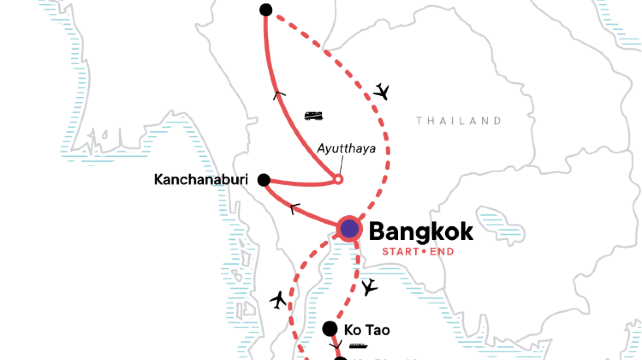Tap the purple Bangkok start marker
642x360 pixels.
349,229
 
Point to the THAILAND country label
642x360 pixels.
459,121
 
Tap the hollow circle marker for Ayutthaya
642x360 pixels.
337,180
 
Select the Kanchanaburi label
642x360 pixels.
202,181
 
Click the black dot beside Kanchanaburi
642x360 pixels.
264,181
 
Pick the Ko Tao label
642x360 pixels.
366,328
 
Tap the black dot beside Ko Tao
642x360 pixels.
330,327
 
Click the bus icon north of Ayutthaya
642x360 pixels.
313,116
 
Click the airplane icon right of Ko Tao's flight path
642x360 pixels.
370,288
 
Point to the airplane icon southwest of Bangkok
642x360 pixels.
279,300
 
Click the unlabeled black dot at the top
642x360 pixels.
265,10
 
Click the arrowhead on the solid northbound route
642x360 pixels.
279,93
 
